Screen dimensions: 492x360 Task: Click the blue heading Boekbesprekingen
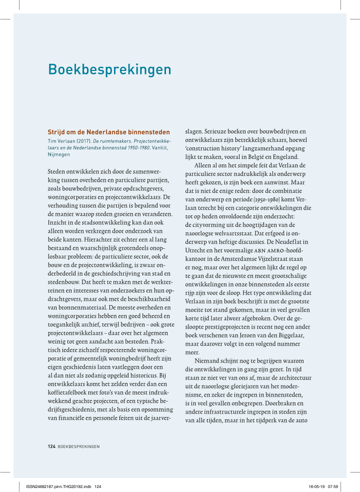coord(109,69)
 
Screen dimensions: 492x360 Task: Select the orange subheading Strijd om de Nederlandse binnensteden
coord(108,132)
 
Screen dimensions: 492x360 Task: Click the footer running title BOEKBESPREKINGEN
coord(78,446)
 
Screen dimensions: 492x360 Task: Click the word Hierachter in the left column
coord(78,239)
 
